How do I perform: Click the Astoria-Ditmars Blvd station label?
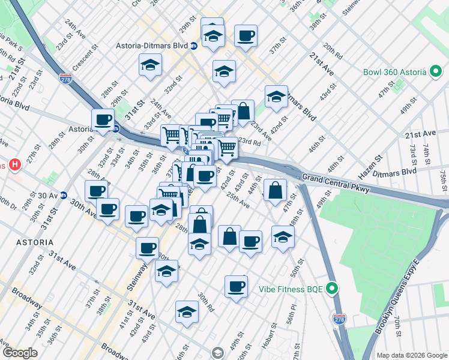tap(152, 46)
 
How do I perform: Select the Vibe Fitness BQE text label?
tap(291, 289)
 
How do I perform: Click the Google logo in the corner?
tap(20, 353)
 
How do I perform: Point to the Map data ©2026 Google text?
tap(411, 355)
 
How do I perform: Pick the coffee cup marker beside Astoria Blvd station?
tap(103, 119)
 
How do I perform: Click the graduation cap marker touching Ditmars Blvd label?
tap(276, 96)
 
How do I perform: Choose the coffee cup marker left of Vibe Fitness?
tap(237, 286)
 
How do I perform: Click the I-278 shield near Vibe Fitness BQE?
tap(339, 318)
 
